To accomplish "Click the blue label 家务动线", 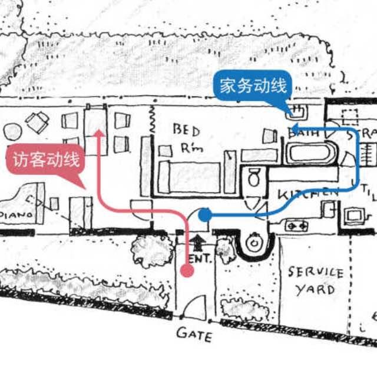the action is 253,87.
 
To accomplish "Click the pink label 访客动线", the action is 45,160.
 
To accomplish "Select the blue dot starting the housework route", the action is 204,215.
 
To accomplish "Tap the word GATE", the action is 194,335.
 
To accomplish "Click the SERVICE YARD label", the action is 315,281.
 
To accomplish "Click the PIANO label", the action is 16,216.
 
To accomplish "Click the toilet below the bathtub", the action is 254,177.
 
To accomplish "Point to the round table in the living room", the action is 12,131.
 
